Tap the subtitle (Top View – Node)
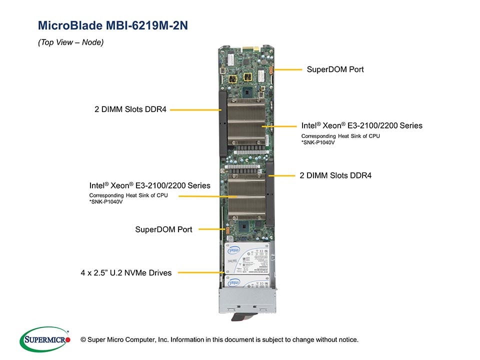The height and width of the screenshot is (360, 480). (x=71, y=42)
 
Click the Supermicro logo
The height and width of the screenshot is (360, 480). (x=45, y=340)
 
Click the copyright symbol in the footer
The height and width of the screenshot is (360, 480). (x=83, y=340)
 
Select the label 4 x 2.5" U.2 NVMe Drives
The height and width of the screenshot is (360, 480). (x=126, y=273)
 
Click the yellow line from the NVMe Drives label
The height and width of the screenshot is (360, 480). (x=200, y=273)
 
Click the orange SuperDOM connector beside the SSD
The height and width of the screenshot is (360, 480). (x=227, y=230)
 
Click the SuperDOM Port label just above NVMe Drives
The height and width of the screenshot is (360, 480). (x=163, y=229)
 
